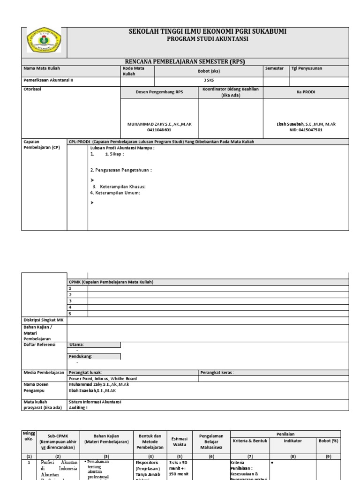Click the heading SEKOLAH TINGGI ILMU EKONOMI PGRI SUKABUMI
[208, 31]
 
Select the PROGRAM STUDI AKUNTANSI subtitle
[208, 39]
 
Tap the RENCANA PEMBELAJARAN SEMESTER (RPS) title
[185, 61]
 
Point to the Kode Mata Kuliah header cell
[134, 71]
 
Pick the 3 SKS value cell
[209, 80]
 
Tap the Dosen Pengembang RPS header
[159, 92]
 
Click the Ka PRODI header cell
[306, 92]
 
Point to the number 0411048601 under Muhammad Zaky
[159, 130]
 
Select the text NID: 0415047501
[306, 130]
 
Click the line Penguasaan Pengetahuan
[121, 170]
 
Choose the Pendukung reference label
[80, 356]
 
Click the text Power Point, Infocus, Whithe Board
[103, 379]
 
